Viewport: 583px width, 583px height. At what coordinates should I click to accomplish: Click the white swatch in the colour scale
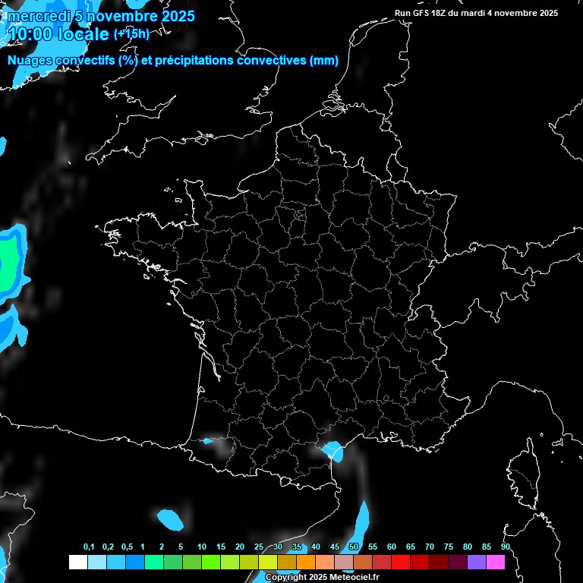[x=77, y=562]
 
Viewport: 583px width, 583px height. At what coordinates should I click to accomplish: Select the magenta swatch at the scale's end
[x=495, y=562]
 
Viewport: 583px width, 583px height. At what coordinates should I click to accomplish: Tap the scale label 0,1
[x=89, y=547]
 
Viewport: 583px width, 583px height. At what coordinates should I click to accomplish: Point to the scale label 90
[x=506, y=547]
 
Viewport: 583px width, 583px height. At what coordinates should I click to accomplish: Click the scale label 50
[x=354, y=547]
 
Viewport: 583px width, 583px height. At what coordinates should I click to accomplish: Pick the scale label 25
[x=259, y=547]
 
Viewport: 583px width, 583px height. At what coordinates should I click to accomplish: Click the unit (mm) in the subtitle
[x=324, y=61]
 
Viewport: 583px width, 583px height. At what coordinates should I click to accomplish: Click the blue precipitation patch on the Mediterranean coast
[x=333, y=452]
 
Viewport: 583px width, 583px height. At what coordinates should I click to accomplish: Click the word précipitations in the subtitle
[x=189, y=61]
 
